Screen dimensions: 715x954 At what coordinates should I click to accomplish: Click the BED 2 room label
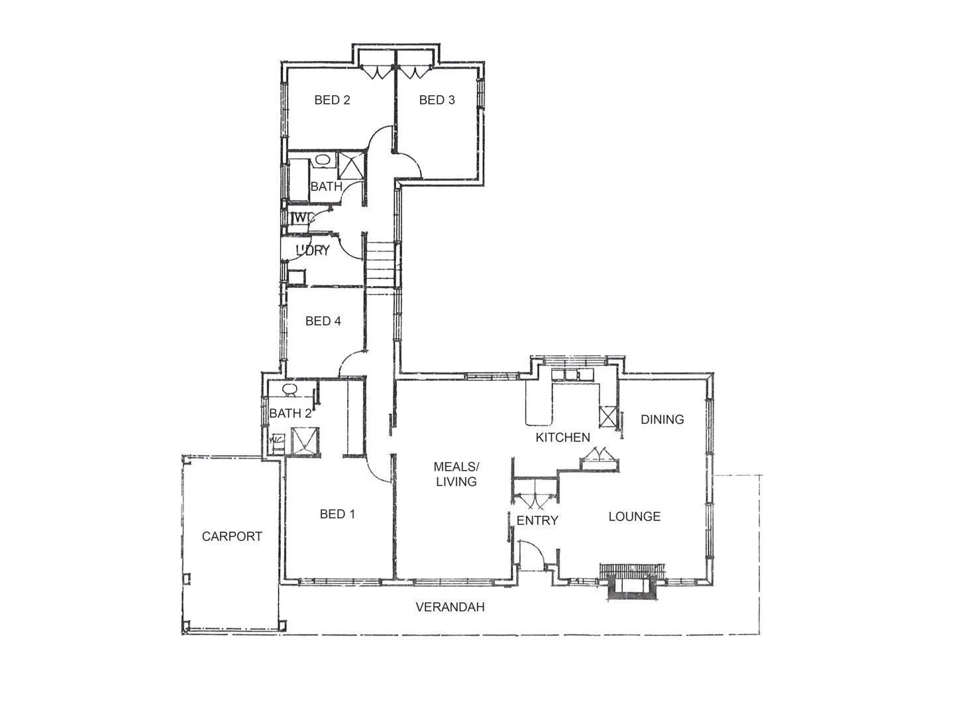(332, 100)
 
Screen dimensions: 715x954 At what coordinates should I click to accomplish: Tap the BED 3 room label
(437, 100)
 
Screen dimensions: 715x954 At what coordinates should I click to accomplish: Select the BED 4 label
(323, 321)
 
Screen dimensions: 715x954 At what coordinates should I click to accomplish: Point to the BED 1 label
(337, 514)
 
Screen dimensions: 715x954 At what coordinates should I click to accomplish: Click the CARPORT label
(232, 536)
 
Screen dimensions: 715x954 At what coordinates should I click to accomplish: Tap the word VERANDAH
(450, 606)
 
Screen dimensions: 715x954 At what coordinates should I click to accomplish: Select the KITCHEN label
(562, 437)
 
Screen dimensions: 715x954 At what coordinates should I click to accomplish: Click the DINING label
(662, 419)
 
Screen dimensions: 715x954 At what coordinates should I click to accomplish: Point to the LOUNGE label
(634, 516)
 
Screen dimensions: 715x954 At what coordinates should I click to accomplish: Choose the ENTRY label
(537, 520)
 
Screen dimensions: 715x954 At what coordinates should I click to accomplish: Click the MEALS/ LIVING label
(456, 474)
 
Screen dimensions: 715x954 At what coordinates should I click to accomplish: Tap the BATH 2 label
(290, 414)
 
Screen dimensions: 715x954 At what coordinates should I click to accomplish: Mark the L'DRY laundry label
(313, 250)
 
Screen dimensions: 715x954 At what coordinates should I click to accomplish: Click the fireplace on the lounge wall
(633, 581)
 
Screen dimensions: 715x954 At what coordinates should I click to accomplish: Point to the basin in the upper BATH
(323, 160)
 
